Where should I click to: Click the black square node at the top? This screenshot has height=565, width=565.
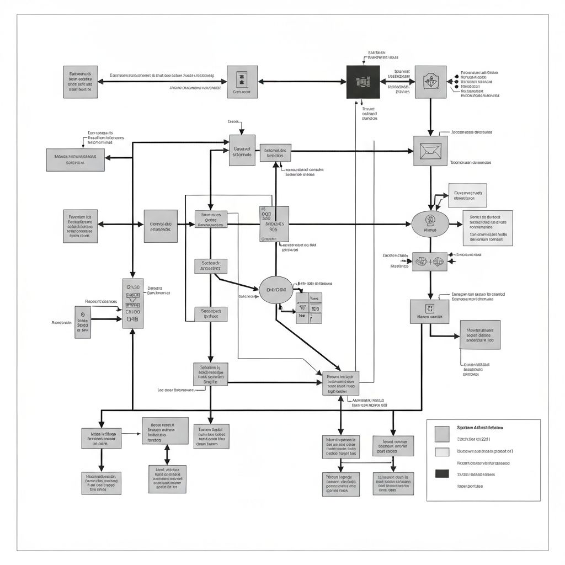point(363,82)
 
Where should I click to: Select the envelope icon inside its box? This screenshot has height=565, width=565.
point(430,151)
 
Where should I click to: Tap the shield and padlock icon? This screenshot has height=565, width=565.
point(430,82)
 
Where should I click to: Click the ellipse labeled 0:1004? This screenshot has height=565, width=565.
point(276,290)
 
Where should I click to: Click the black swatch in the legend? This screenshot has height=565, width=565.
point(442,473)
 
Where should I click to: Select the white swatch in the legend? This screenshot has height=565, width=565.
point(442,452)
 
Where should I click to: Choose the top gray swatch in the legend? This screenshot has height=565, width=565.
point(442,434)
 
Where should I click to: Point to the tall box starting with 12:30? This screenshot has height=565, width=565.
point(132,303)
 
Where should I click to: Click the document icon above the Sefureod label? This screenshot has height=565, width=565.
point(241,79)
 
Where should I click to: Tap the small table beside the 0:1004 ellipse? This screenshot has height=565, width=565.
point(309,308)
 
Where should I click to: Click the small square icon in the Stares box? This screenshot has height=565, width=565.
point(430,308)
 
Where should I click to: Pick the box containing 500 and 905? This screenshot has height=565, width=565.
point(274,224)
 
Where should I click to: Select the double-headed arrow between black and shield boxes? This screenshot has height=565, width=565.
point(397,82)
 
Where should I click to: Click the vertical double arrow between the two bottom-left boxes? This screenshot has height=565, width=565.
point(167,454)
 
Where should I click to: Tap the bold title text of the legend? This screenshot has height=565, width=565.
point(480,428)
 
